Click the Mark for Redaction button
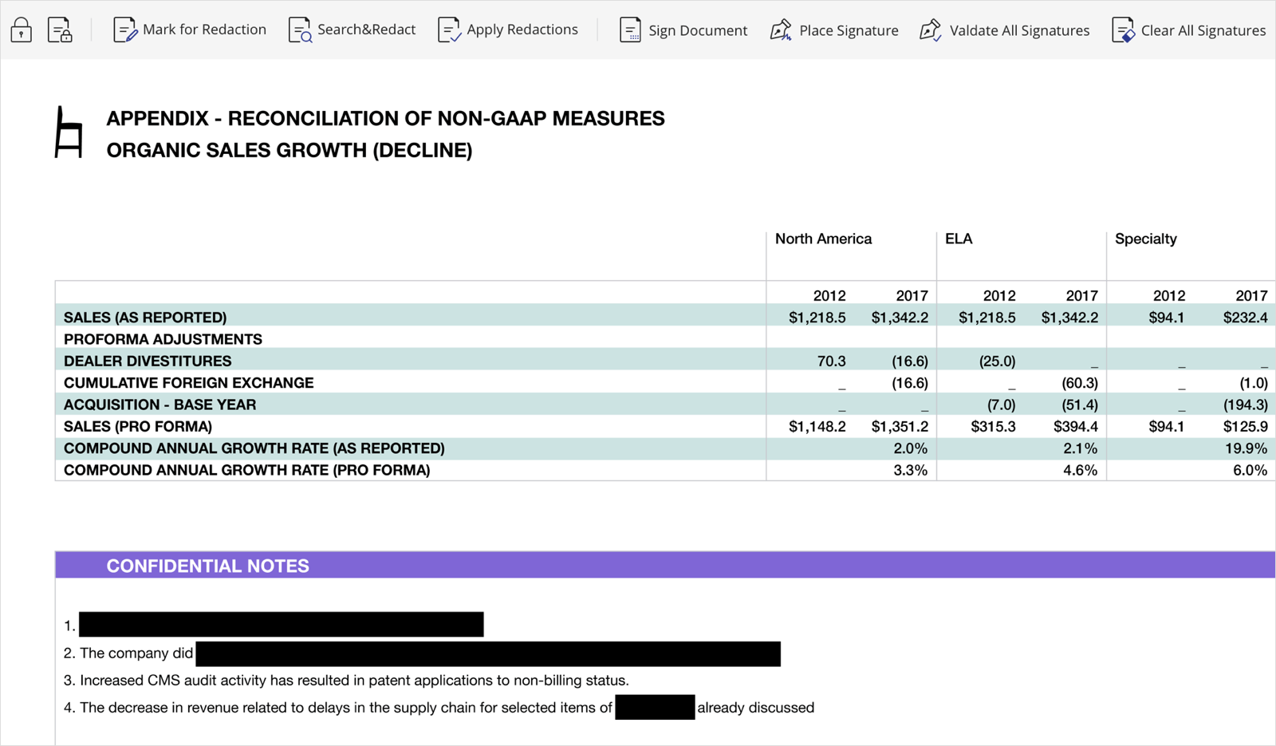pyautogui.click(x=190, y=30)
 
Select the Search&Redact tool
pyautogui.click(x=352, y=30)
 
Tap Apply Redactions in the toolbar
pyautogui.click(x=508, y=30)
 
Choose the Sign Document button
pyautogui.click(x=683, y=30)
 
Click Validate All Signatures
pyautogui.click(x=1004, y=30)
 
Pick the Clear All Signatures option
pyautogui.click(x=1188, y=30)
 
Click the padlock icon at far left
pyautogui.click(x=22, y=30)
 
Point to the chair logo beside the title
pyautogui.click(x=69, y=132)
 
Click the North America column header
pyautogui.click(x=823, y=239)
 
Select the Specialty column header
pyautogui.click(x=1145, y=239)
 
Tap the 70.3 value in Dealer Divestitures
pyautogui.click(x=831, y=361)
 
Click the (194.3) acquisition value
pyautogui.click(x=1245, y=405)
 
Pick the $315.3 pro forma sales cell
pyautogui.click(x=993, y=427)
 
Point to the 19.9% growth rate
pyautogui.click(x=1246, y=448)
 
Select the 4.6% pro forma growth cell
pyautogui.click(x=1080, y=471)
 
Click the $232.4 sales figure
pyautogui.click(x=1245, y=318)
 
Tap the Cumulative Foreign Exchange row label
pyautogui.click(x=188, y=383)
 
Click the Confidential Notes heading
pyautogui.click(x=207, y=566)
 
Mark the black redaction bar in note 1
pyautogui.click(x=282, y=624)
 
